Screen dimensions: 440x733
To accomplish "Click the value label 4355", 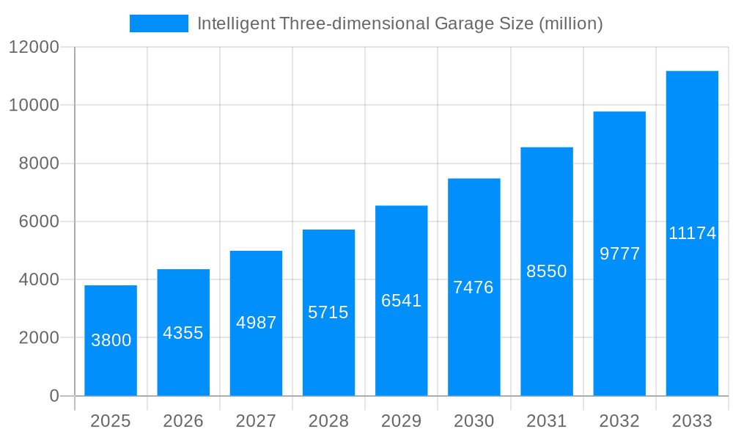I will click(183, 333).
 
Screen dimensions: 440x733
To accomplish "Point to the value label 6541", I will click(402, 301).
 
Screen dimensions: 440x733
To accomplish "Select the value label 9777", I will click(619, 254).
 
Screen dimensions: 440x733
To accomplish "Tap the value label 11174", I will click(692, 233).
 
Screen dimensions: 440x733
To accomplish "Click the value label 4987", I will click(256, 323).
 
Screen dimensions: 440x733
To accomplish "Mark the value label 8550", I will click(547, 271).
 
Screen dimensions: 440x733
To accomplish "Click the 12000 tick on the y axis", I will click(34, 47).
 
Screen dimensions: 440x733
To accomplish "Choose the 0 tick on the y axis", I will click(54, 396).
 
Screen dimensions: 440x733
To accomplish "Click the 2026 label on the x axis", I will click(183, 421).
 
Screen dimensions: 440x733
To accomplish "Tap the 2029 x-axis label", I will click(402, 421).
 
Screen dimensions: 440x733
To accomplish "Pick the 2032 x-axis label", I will click(619, 421).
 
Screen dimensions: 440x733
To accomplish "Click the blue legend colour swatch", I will click(159, 23).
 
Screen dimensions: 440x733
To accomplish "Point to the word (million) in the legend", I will click(571, 23).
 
